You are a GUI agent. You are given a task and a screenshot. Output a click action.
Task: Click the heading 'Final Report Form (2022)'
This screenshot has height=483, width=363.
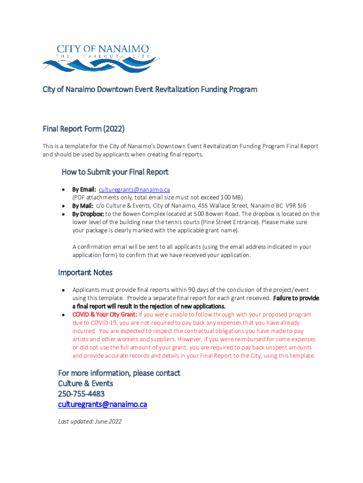coord(83,129)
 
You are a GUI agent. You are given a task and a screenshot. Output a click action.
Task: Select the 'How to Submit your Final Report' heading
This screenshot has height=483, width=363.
coord(115,172)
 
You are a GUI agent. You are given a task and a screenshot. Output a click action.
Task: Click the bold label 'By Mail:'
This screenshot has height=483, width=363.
coord(82,206)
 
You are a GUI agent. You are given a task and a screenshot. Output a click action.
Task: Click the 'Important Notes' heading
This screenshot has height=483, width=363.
coord(85,273)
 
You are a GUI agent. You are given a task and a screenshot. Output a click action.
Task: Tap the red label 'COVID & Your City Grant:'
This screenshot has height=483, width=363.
coord(104,315)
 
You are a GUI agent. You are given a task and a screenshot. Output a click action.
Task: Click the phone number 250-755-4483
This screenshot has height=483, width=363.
coord(81,394)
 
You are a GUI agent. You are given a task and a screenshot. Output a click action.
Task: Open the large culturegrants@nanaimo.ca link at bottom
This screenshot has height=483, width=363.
coord(102,405)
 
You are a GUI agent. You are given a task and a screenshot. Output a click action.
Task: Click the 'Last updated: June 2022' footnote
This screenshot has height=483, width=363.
coord(90,421)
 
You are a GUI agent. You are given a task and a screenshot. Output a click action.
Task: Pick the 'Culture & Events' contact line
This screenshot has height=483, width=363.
coord(85,383)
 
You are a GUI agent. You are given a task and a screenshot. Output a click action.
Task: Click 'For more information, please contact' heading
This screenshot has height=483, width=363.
coord(119,373)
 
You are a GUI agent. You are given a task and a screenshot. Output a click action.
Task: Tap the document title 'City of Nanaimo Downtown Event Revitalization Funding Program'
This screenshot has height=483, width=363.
coord(150,89)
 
